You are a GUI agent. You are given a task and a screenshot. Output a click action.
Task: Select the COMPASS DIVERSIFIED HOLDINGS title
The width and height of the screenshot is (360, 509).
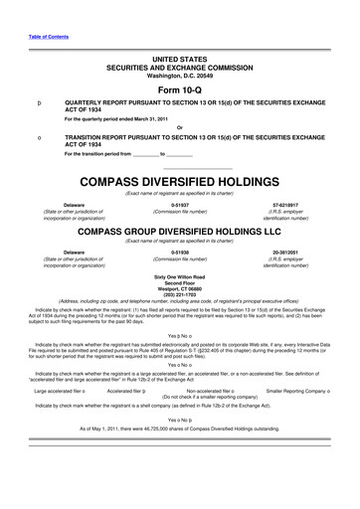click(x=179, y=184)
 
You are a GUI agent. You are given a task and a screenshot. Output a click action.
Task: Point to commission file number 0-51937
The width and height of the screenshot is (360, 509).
click(x=180, y=205)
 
